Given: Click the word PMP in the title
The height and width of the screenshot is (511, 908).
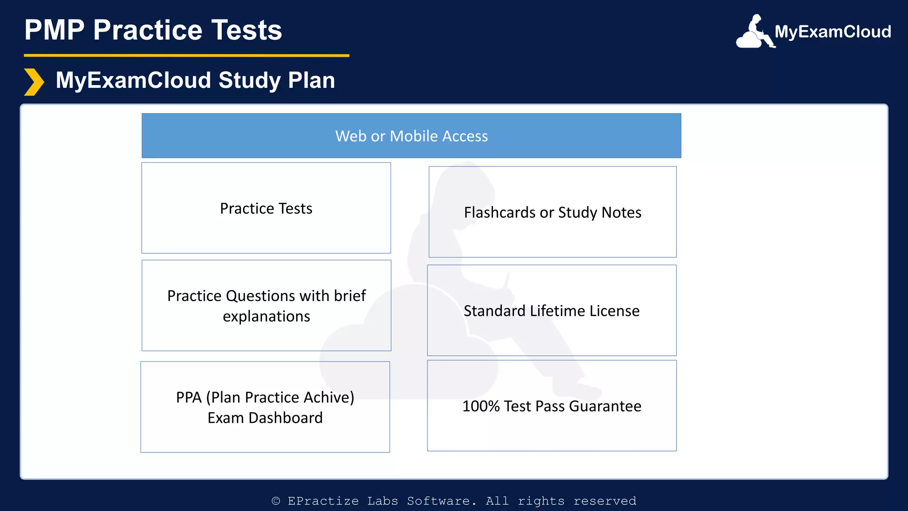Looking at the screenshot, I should click(54, 30).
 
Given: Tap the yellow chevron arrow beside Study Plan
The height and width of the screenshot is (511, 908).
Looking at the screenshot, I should click(34, 82).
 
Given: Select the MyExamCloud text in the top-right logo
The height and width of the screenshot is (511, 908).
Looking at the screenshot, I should click(833, 32).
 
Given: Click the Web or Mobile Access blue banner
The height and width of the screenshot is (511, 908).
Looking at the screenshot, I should click(411, 136).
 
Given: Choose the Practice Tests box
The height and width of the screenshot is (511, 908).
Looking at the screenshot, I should click(266, 208).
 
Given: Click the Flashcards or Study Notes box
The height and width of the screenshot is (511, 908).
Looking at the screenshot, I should click(552, 212).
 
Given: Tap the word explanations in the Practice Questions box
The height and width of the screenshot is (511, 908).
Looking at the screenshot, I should click(266, 316).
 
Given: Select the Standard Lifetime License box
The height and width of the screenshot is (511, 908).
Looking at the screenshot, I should click(552, 311).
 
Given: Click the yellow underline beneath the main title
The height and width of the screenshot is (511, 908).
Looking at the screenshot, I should click(186, 55).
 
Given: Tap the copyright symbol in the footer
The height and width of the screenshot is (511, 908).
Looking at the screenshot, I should click(276, 501).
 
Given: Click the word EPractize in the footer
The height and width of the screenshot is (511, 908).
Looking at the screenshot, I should click(323, 501).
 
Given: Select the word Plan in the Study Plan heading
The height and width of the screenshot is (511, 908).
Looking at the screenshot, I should click(311, 80).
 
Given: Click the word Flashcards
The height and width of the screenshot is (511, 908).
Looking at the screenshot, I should click(500, 212).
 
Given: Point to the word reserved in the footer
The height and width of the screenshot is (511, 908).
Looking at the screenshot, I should click(605, 501).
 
